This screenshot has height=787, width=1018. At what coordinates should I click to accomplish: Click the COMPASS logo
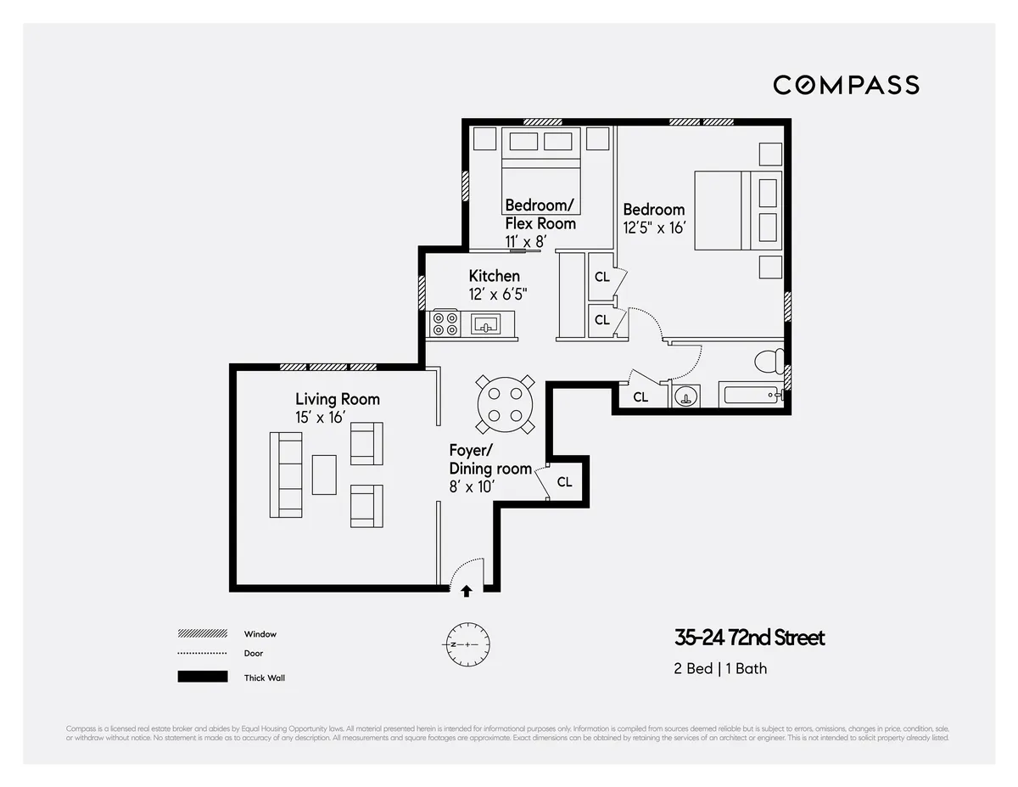click(846, 85)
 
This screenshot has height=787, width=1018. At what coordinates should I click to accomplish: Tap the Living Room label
click(337, 399)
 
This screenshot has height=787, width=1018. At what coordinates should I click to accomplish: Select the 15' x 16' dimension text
click(320, 417)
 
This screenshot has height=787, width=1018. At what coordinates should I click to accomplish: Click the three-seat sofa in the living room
click(286, 474)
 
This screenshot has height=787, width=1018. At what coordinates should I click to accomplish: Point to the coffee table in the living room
click(324, 475)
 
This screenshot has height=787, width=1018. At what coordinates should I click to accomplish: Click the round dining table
click(504, 404)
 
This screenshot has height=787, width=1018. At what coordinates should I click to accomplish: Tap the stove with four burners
click(445, 323)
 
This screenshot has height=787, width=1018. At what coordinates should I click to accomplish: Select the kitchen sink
click(487, 324)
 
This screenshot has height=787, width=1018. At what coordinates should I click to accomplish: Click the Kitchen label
click(494, 276)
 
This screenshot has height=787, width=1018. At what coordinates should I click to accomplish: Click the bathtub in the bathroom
click(749, 395)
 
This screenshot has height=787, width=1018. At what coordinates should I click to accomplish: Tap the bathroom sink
click(685, 396)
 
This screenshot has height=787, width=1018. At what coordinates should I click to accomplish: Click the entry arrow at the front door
click(466, 591)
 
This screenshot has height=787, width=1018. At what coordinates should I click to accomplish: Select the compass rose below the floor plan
click(467, 644)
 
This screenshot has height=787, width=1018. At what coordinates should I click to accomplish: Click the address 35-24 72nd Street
click(749, 638)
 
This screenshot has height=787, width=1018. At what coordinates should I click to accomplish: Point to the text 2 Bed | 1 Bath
click(720, 668)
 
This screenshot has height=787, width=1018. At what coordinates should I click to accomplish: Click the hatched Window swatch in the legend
click(203, 634)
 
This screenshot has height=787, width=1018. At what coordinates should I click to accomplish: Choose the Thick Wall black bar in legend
click(203, 677)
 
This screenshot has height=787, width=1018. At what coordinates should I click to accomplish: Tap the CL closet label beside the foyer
click(564, 482)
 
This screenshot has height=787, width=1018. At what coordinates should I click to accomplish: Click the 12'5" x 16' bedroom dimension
click(653, 228)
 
